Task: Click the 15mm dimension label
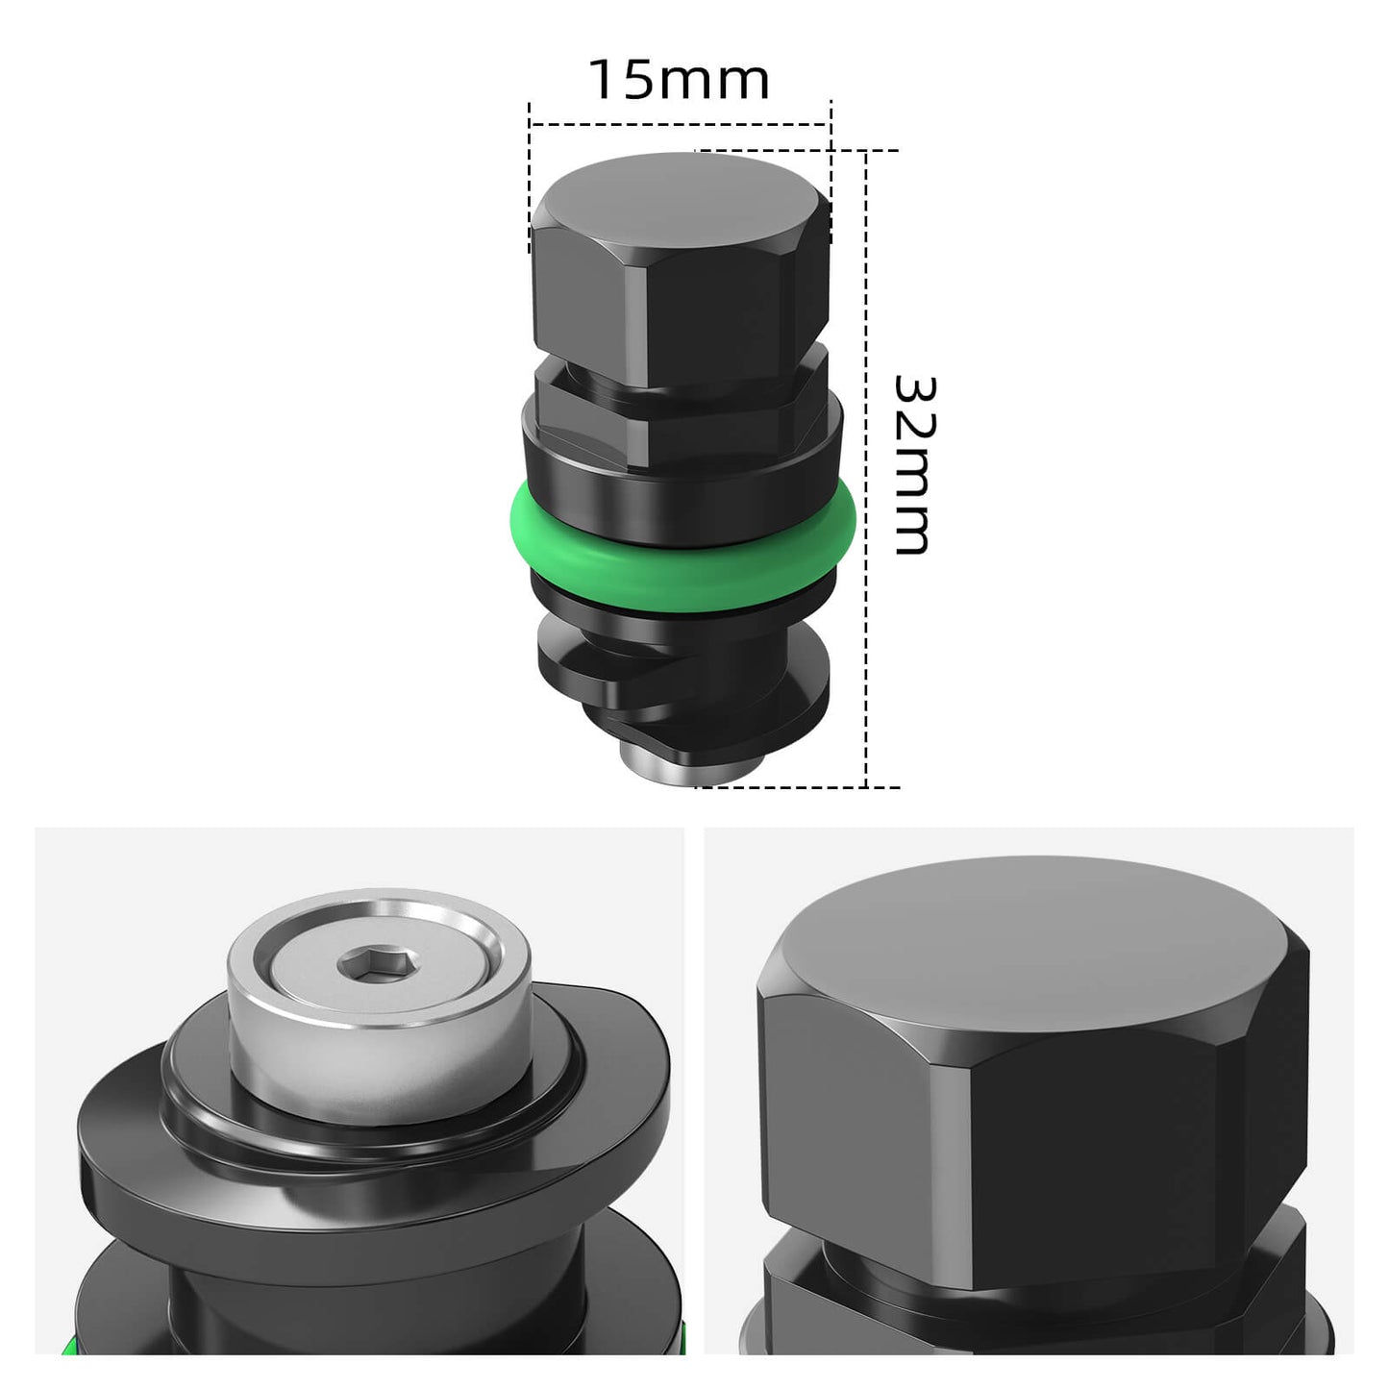pos(679,80)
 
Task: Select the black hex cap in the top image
pos(680,279)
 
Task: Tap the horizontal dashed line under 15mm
pos(679,124)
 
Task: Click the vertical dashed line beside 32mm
pos(867,577)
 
